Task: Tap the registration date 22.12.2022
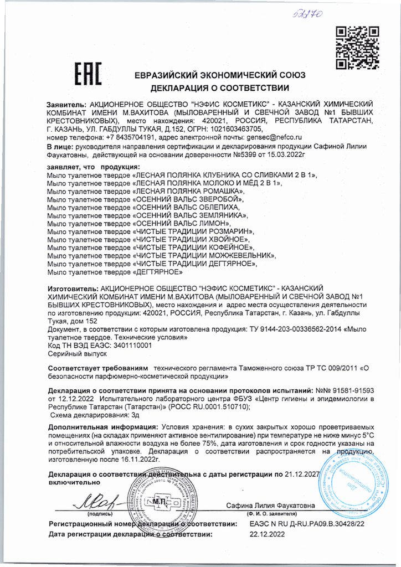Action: click(x=268, y=534)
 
